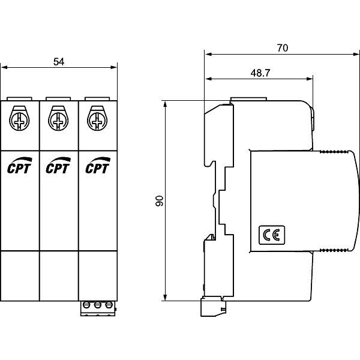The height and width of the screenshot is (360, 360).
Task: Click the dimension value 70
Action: (281, 48)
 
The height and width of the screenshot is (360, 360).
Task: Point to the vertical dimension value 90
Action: (159, 201)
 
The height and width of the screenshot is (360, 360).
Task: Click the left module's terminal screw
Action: (20, 118)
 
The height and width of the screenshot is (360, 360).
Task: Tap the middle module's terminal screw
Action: (59, 118)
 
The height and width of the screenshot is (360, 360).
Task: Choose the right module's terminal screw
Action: (98, 118)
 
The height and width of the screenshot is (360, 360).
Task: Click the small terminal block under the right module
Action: (97, 306)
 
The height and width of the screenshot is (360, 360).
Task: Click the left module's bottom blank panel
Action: (20, 275)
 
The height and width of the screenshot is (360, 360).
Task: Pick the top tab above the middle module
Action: (58, 97)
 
